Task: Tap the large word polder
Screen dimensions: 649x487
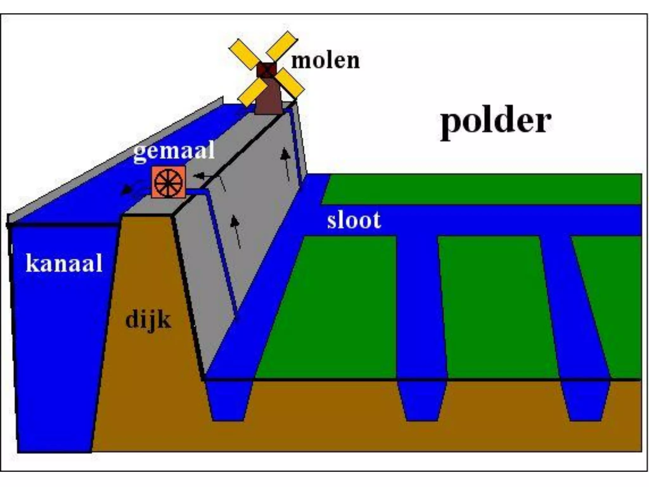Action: (496, 122)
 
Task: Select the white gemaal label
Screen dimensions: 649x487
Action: (174, 152)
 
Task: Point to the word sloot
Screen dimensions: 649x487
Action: (354, 220)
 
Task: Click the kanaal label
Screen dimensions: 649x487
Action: (64, 263)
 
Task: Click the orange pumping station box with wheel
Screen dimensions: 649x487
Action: (168, 182)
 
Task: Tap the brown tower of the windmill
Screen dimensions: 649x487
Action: (269, 98)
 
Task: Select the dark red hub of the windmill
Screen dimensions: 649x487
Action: (266, 70)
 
